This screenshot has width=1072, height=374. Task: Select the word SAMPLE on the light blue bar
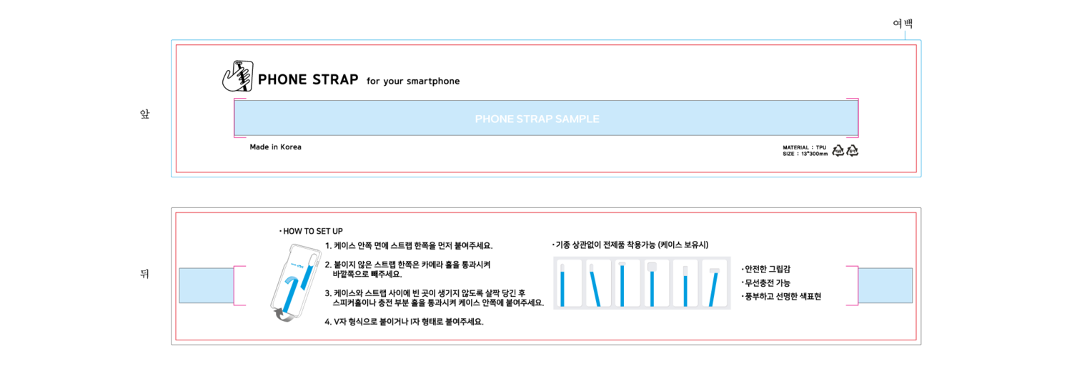[x=577, y=119]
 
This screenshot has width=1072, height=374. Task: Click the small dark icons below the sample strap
[x=845, y=151]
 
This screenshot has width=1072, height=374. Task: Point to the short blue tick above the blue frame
[x=905, y=34]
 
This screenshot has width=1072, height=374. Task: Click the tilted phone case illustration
[x=296, y=282]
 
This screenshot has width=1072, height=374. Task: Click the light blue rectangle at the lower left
[x=206, y=285]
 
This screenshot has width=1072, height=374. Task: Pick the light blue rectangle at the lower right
[x=885, y=285]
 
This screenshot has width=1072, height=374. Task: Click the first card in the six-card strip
[x=567, y=283]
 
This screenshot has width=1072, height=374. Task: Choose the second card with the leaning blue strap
[x=597, y=283]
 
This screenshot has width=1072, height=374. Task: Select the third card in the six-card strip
[x=627, y=283]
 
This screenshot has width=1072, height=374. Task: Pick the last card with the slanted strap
[x=715, y=283]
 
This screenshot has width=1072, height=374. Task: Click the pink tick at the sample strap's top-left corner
[x=239, y=98]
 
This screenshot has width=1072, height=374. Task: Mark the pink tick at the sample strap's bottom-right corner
[x=852, y=137]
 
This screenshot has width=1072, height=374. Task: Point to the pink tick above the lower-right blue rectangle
[x=852, y=267]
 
